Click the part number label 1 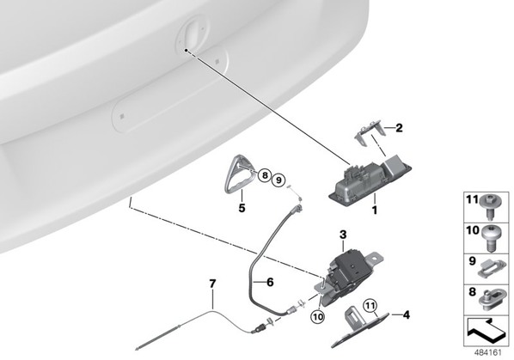(375, 210)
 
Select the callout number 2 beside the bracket (399, 128)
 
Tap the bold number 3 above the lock (343, 235)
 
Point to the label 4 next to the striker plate (407, 315)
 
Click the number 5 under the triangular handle (242, 208)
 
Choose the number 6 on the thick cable (270, 282)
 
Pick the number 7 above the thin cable (213, 284)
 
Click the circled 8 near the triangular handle (265, 175)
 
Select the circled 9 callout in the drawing (278, 180)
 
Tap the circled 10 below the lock (318, 316)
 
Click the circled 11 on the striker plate (370, 306)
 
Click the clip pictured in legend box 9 (490, 269)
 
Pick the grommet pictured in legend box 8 (491, 299)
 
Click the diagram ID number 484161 (488, 352)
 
